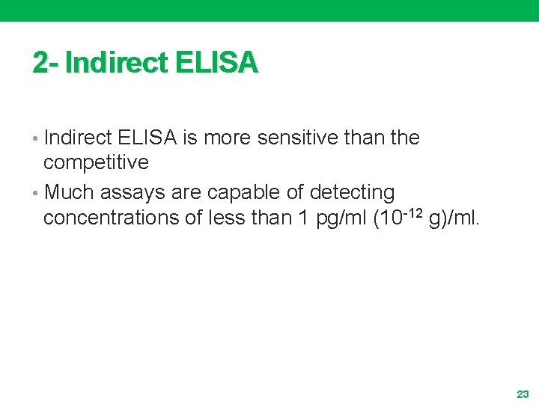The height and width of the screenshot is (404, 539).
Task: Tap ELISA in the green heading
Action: click(217, 63)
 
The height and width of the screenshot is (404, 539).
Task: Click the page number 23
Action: click(523, 393)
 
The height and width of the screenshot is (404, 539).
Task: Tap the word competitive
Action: click(96, 162)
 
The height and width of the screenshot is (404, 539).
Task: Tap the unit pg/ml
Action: click(332, 218)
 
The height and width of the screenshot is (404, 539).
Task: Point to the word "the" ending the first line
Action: click(405, 138)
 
